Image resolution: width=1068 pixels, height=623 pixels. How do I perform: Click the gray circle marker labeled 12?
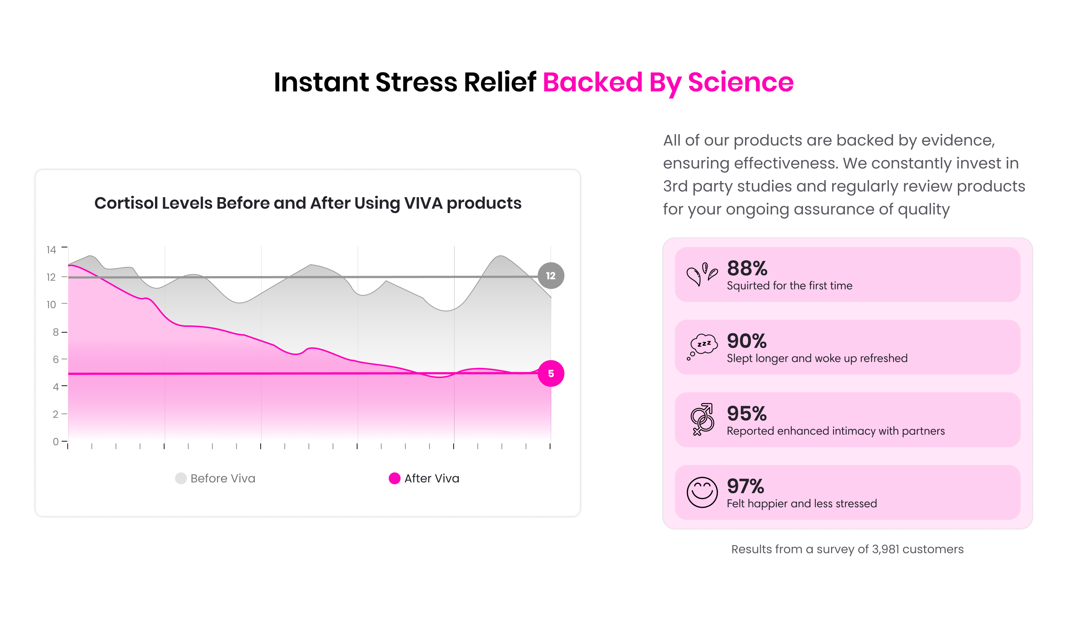tap(551, 276)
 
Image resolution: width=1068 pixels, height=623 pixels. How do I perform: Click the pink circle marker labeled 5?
tap(551, 374)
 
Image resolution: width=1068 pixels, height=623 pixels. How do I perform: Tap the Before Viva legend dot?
tap(181, 478)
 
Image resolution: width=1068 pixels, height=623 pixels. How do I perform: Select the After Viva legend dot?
tap(395, 478)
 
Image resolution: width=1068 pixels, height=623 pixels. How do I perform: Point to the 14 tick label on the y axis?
tap(51, 250)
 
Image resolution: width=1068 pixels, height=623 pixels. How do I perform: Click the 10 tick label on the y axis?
tap(51, 305)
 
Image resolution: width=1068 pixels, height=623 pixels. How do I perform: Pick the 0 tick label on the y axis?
tap(56, 442)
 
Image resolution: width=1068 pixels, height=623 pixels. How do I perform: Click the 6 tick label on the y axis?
tap(56, 359)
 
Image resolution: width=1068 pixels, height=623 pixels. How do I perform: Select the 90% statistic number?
tap(747, 341)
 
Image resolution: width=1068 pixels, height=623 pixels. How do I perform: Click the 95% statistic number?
tap(747, 414)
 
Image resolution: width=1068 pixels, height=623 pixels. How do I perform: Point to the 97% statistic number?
tap(746, 486)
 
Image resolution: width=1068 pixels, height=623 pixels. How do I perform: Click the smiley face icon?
tap(702, 492)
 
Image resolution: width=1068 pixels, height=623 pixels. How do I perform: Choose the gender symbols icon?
tap(702, 419)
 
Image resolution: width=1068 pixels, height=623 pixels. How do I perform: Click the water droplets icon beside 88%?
tap(702, 275)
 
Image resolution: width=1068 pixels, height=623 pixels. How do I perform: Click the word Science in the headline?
tap(741, 82)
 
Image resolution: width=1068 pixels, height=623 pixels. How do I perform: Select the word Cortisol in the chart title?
tap(126, 203)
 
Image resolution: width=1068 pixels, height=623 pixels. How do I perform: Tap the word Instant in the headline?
tap(321, 82)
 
